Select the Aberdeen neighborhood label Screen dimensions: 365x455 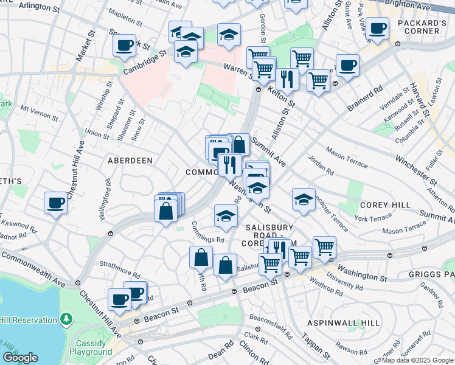tap(130, 160)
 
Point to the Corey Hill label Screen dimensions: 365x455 tap(385, 205)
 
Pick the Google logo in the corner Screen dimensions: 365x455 tap(20, 358)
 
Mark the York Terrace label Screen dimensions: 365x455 tap(373, 217)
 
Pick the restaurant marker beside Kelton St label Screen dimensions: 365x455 tap(286, 80)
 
